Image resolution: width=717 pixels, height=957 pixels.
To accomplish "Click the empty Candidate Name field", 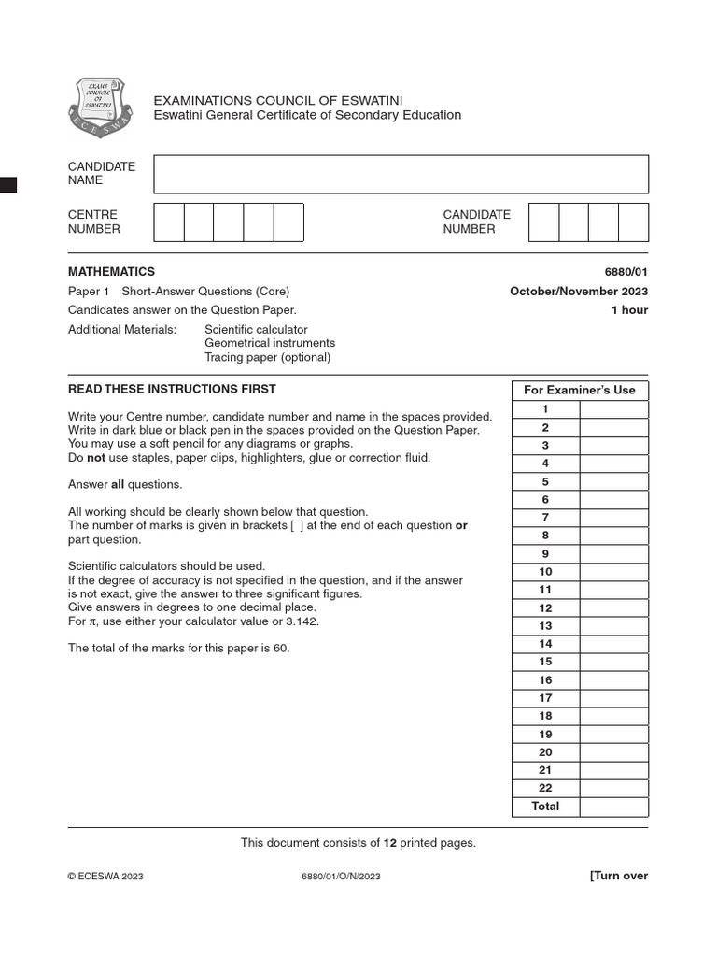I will click(x=401, y=174).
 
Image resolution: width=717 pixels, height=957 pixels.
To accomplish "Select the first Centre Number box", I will click(x=169, y=222).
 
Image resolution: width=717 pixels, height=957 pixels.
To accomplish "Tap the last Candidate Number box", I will click(x=633, y=222).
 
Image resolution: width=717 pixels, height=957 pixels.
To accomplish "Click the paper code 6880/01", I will click(x=626, y=272).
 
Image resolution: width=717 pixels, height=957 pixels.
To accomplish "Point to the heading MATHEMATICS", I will click(x=111, y=272).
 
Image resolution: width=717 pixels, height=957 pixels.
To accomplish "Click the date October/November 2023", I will click(x=578, y=292).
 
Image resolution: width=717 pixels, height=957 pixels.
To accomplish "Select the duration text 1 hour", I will click(x=629, y=310).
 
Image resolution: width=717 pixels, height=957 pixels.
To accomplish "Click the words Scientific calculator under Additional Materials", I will click(x=256, y=330).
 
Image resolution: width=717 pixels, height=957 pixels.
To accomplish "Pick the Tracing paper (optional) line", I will click(x=267, y=357).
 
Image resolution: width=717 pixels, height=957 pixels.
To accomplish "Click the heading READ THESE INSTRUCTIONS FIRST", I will click(x=172, y=390).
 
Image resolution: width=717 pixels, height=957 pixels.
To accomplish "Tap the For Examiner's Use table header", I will click(x=579, y=391).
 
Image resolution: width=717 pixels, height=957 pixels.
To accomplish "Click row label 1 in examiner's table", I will click(x=545, y=409).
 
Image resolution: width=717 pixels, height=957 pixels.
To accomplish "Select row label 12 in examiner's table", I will click(x=545, y=607).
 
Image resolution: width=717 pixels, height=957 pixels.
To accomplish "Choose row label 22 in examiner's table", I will click(x=545, y=788).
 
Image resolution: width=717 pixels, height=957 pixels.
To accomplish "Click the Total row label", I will click(x=545, y=807).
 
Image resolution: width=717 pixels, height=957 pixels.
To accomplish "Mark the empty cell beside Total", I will click(x=613, y=807).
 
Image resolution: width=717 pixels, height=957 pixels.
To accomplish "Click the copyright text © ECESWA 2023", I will click(x=105, y=877).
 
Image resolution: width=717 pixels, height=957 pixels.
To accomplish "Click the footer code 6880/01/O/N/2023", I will click(x=341, y=877).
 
